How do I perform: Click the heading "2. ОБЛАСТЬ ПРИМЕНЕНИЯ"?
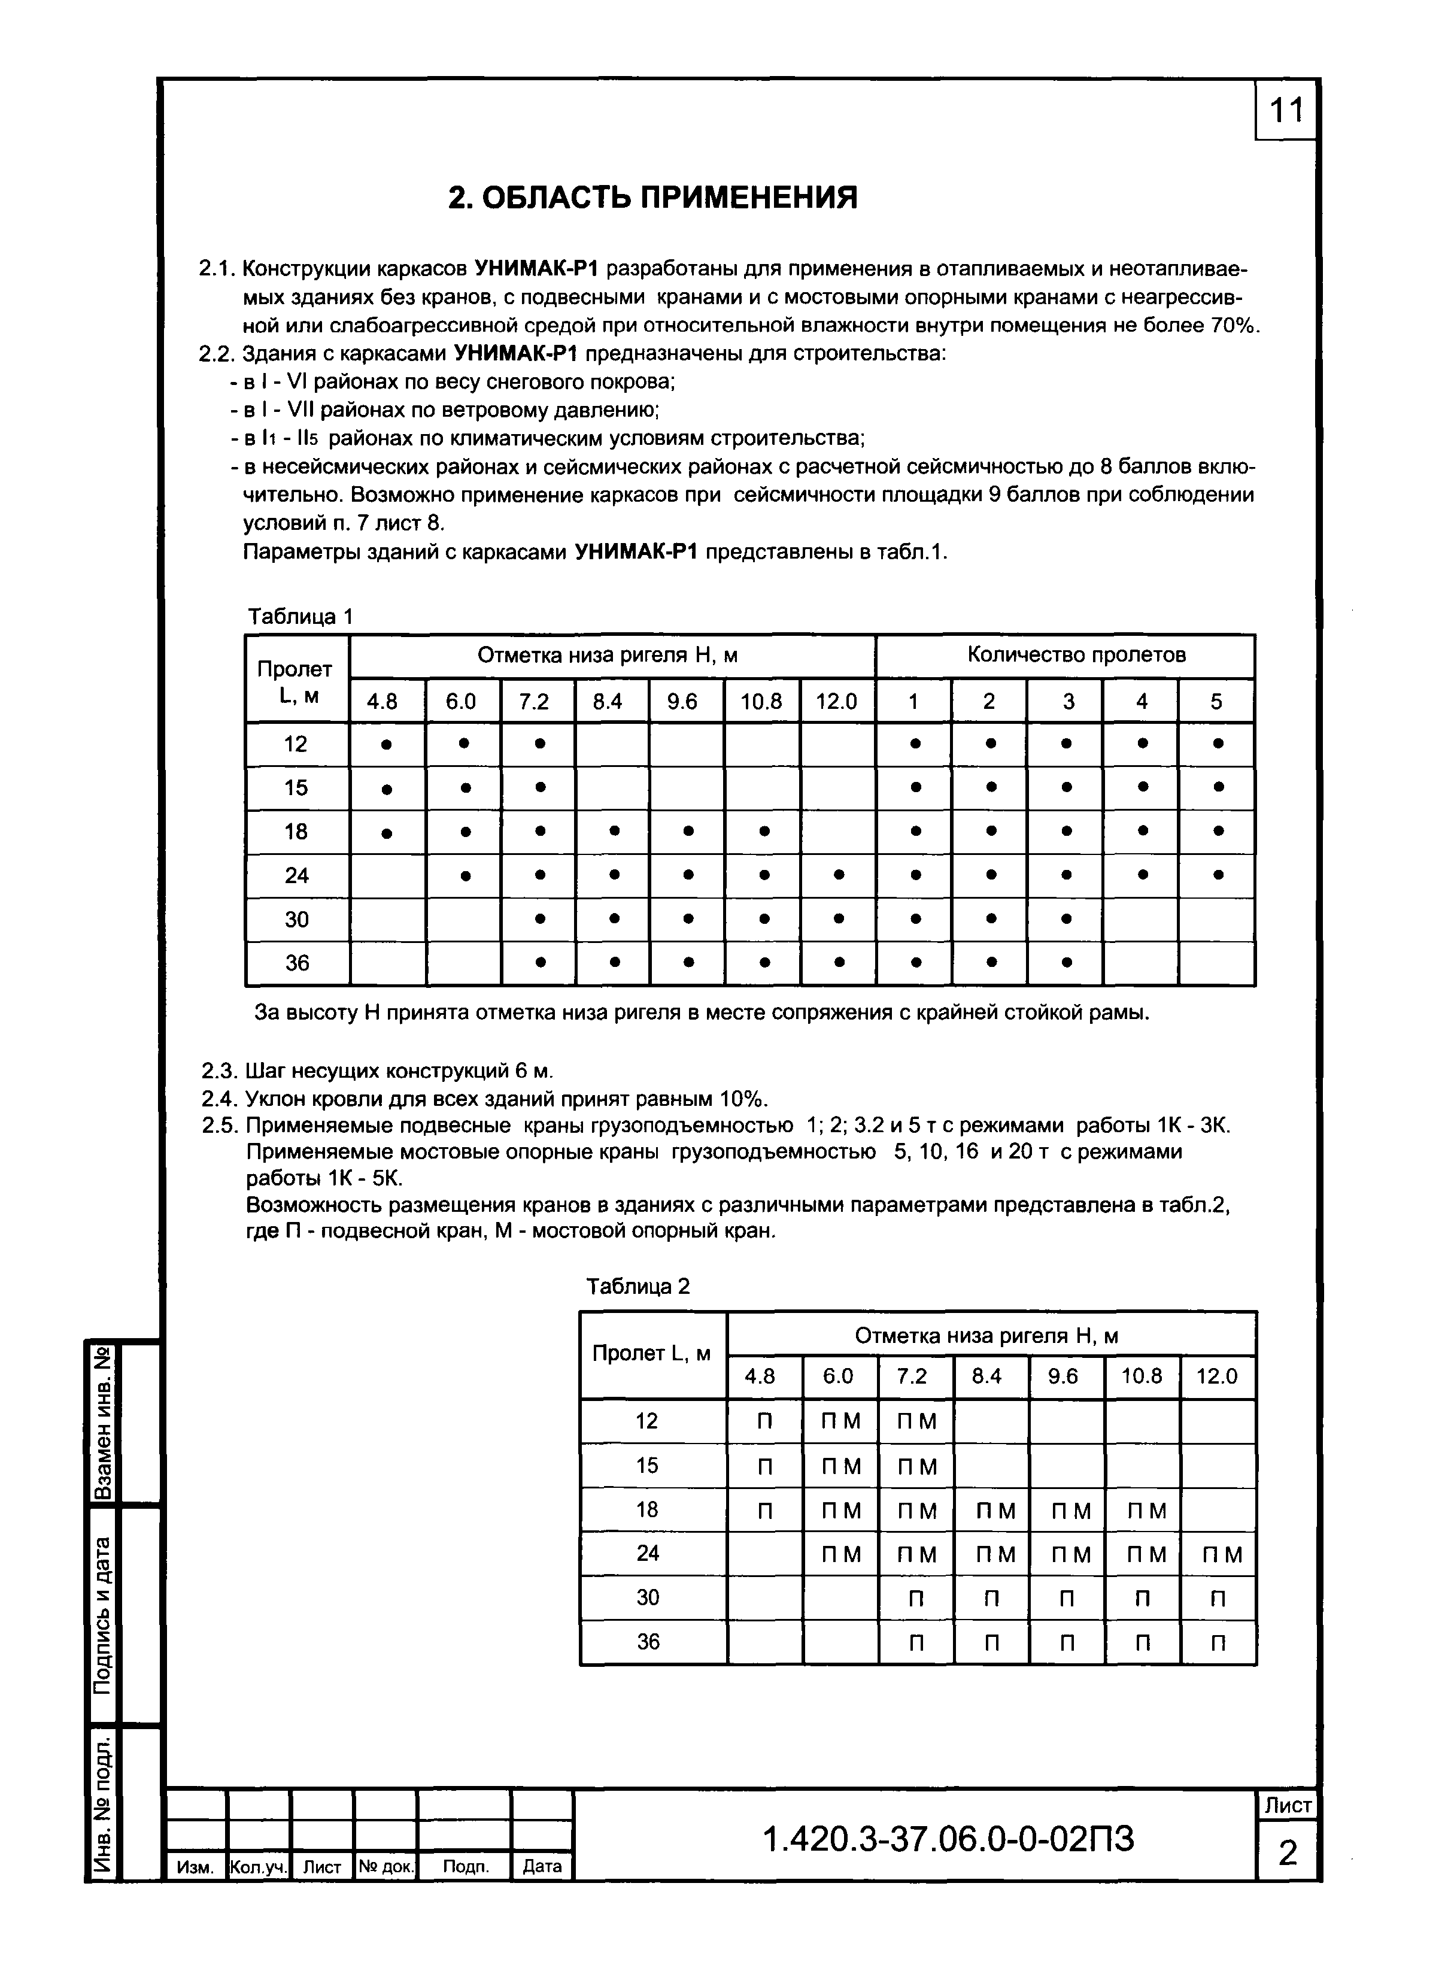[x=652, y=198]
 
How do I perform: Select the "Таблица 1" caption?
[x=299, y=617]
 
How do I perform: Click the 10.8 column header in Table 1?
[x=761, y=701]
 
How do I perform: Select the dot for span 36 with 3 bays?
[x=1066, y=963]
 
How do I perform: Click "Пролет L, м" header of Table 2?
[x=652, y=1354]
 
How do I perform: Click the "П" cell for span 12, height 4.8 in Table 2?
[x=764, y=1421]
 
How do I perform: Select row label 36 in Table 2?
[x=647, y=1642]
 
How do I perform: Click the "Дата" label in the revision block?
[x=541, y=1866]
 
